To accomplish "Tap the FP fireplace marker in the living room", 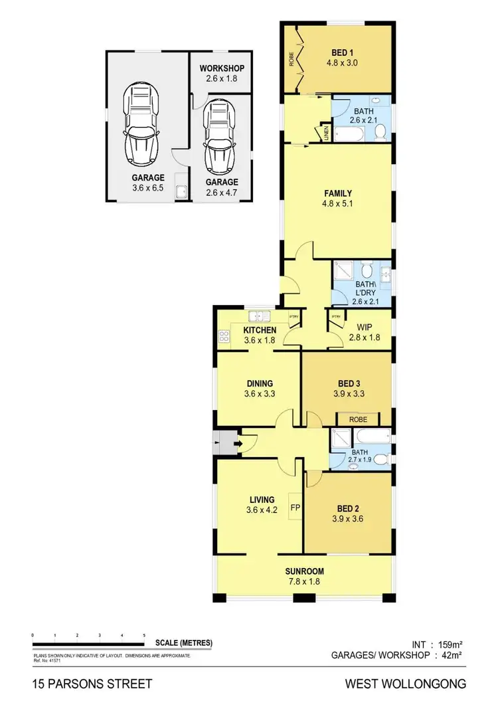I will click(x=295, y=509).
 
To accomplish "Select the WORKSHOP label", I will click(x=222, y=68).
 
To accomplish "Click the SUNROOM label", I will click(x=304, y=571).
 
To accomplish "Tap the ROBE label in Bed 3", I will click(x=359, y=419).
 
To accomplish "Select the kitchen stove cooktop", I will click(x=223, y=336).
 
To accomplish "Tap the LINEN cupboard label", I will click(x=326, y=134).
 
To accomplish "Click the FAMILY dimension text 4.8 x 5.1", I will click(x=338, y=204).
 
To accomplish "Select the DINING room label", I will click(x=260, y=383).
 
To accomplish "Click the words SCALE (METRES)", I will click(x=183, y=643).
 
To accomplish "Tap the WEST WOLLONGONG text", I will click(x=405, y=683).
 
